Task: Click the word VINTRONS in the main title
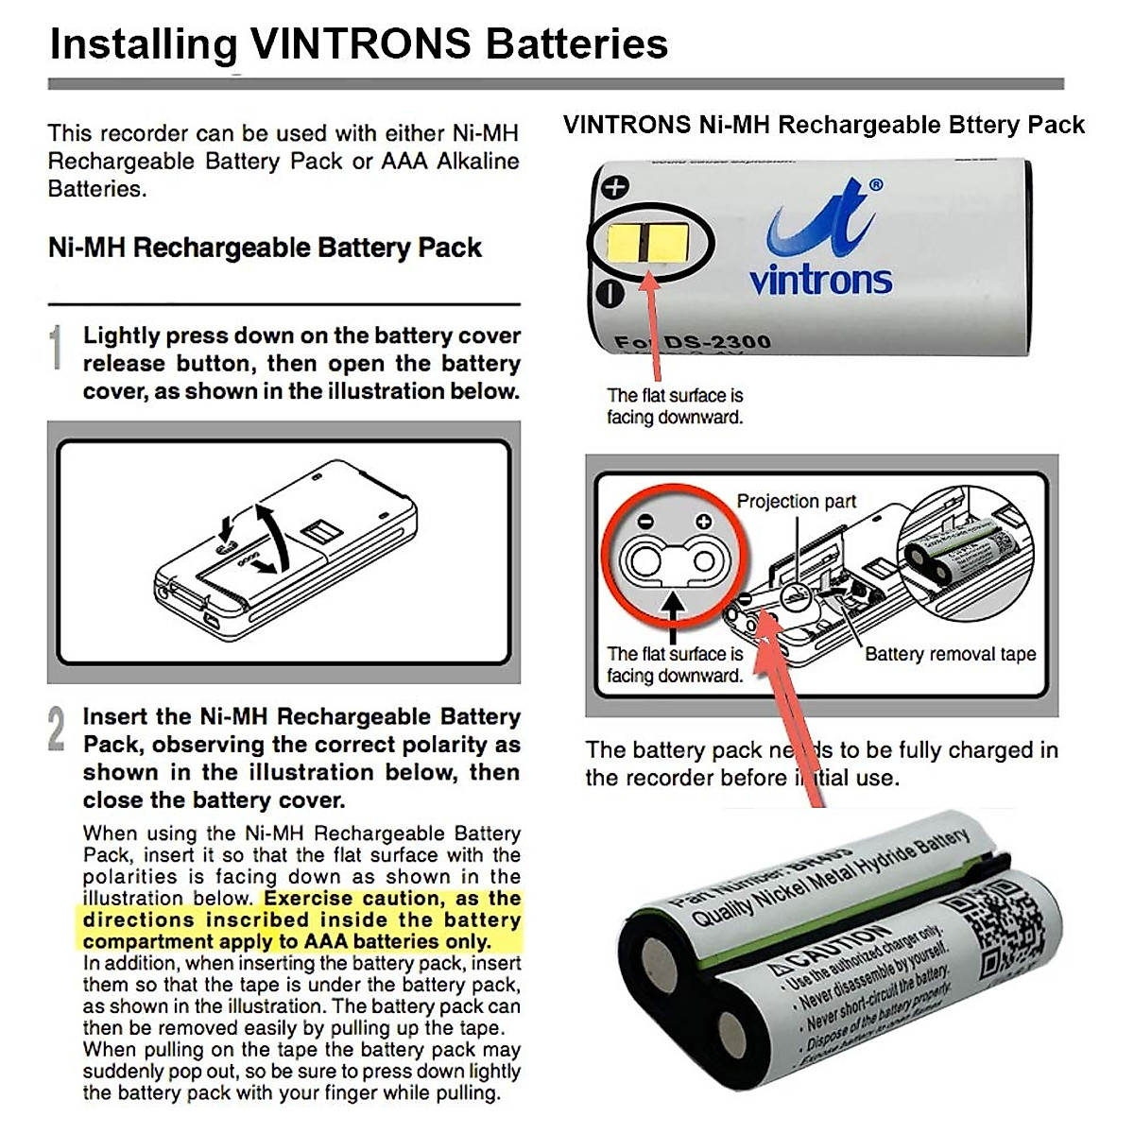[360, 43]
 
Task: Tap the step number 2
[57, 730]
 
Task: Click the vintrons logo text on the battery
[820, 280]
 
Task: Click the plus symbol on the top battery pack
[615, 186]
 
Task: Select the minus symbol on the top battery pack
[611, 294]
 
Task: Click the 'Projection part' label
[796, 501]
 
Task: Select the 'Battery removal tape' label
[950, 654]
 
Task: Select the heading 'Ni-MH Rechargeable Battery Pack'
[265, 248]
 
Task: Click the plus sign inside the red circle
[703, 522]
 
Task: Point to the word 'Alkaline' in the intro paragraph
[477, 161]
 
